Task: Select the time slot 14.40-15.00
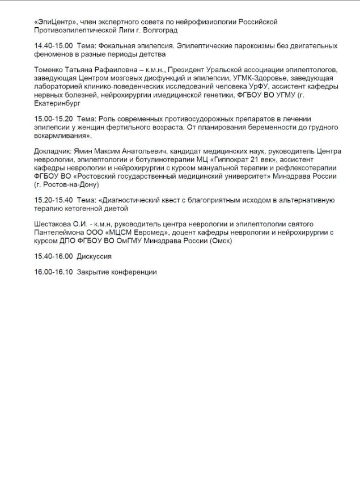54,45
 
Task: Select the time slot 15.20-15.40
54,200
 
